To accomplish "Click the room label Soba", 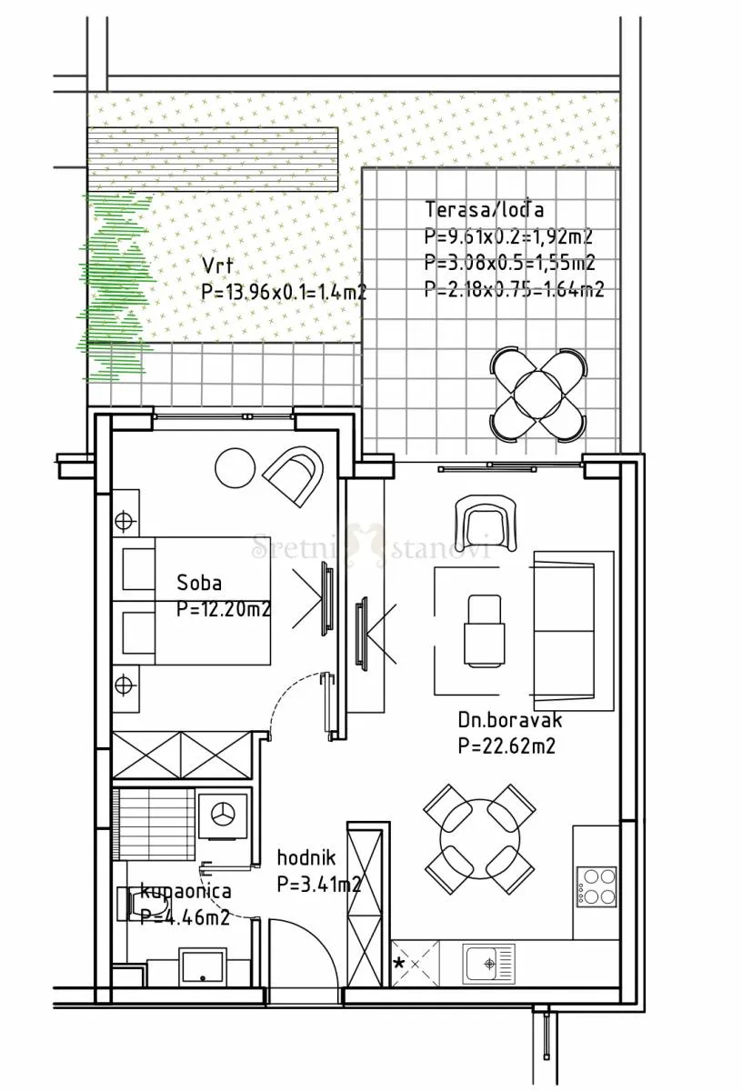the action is point(199,583).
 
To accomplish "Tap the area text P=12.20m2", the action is point(223,609).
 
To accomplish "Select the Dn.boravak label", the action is point(509,720).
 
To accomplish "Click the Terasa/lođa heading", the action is point(485,209).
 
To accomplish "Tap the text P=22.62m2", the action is point(506,746).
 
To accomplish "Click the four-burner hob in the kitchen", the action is point(597,886).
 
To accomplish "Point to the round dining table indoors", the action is point(480,839).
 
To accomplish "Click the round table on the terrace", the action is point(538,394).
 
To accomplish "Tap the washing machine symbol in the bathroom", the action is point(224,815).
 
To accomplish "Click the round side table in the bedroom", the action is point(235,467).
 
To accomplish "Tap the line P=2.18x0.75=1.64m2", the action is point(514,289).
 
